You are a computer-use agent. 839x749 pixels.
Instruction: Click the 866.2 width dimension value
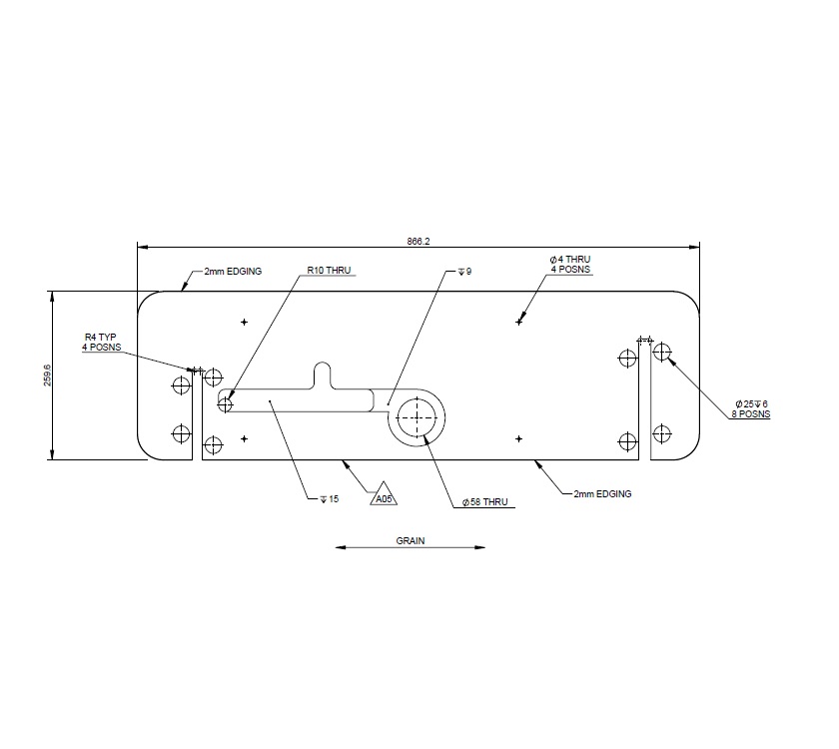pyautogui.click(x=418, y=241)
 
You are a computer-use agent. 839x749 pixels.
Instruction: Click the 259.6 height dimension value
pyautogui.click(x=47, y=374)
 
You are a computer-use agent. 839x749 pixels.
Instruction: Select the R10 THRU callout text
pyautogui.click(x=331, y=271)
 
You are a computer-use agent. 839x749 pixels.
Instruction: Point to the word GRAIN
pyautogui.click(x=411, y=540)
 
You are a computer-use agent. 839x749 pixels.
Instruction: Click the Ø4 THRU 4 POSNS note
pyautogui.click(x=570, y=265)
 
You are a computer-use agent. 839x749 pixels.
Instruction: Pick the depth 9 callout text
pyautogui.click(x=463, y=271)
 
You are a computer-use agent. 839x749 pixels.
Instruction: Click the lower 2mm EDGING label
pyautogui.click(x=602, y=493)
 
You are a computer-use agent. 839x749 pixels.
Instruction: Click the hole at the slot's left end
pyautogui.click(x=226, y=404)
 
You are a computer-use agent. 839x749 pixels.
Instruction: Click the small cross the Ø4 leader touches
pyautogui.click(x=518, y=322)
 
